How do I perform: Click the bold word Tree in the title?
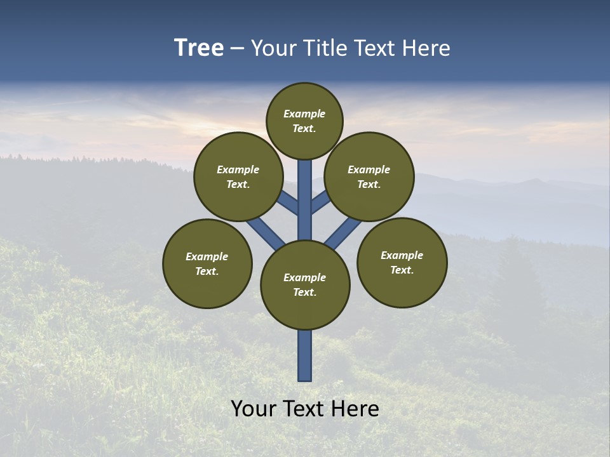[199, 48]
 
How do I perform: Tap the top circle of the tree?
[304, 121]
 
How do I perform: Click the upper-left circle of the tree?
[238, 176]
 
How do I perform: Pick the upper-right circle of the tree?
[369, 176]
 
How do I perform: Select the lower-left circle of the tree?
[207, 263]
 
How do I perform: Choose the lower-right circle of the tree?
[402, 262]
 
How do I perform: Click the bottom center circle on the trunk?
[305, 285]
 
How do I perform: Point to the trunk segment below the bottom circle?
[305, 355]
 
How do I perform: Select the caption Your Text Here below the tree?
[305, 409]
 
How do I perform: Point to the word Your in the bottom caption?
[253, 409]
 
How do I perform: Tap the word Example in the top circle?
[304, 114]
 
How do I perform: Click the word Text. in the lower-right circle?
[402, 270]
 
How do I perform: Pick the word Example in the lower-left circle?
[207, 256]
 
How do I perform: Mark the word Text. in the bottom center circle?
[304, 292]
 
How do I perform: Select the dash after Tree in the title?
[238, 48]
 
